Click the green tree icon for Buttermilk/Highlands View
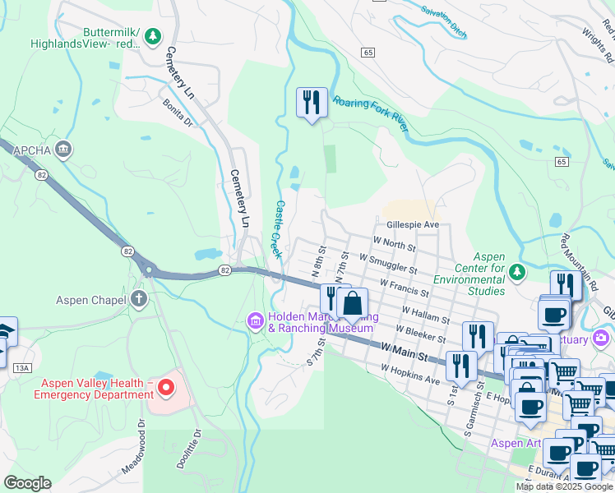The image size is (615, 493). [152, 36]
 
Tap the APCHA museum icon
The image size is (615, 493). [64, 150]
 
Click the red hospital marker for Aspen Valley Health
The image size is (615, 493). [166, 387]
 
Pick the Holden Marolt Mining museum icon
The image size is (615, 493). [255, 320]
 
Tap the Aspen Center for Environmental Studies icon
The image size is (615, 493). [516, 271]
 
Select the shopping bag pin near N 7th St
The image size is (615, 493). [352, 302]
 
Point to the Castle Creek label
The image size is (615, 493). [277, 229]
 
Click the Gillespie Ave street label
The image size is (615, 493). [412, 224]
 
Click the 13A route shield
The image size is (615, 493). [22, 369]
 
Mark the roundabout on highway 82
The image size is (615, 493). [148, 270]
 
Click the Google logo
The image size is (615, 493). [27, 482]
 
